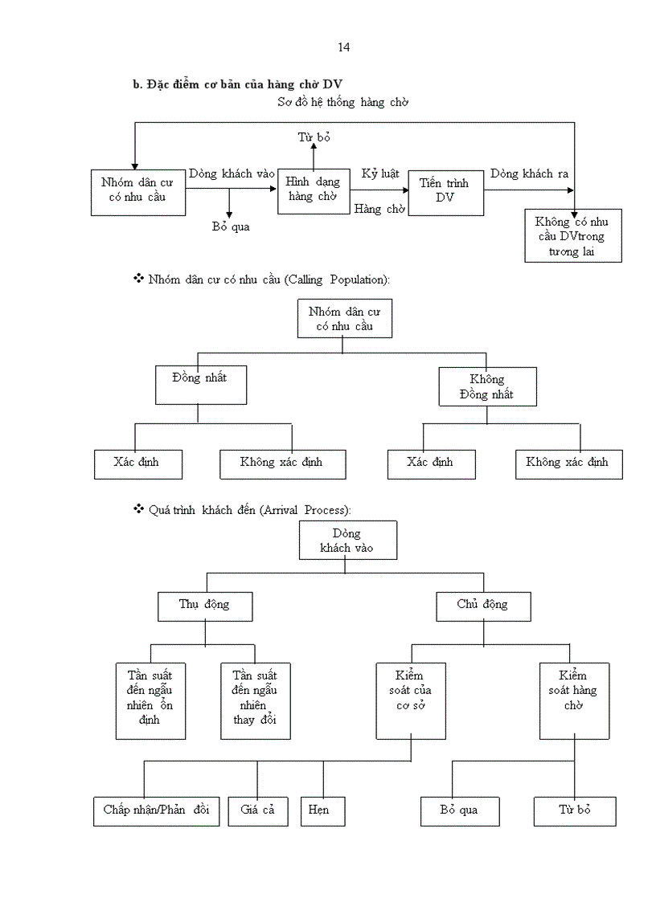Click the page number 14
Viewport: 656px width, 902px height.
343,47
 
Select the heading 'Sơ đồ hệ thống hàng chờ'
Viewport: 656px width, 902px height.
343,103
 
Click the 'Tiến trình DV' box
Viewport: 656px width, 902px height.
446,192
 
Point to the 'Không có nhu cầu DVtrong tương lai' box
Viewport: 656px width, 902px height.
573,236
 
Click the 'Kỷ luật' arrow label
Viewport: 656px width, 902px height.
380,174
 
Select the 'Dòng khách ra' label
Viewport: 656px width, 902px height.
523,174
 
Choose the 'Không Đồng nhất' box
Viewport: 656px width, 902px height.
487,386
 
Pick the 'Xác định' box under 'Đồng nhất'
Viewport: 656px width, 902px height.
137,463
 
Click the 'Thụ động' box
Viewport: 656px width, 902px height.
204,606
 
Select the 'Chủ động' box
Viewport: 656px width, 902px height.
482,606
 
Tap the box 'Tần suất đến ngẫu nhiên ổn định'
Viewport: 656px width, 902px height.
150,700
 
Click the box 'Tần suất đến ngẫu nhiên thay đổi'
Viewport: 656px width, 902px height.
256,700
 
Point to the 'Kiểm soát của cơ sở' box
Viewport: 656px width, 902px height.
411,700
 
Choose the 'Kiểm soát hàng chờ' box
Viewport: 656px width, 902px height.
573,700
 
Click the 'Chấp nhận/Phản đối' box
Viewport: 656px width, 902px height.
156,810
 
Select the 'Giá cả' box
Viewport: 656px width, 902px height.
257,810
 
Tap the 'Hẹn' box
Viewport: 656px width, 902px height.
323,810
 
